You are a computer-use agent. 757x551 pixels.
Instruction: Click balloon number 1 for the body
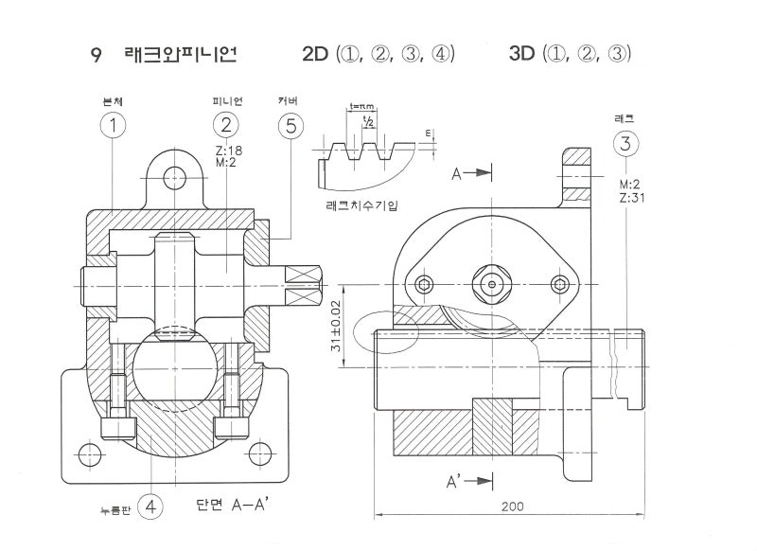pos(113,125)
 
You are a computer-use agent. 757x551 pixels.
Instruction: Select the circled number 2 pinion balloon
pos(225,125)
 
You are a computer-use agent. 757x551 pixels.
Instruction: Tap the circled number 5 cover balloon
pos(290,125)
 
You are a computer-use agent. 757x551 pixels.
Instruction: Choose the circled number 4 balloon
pos(150,507)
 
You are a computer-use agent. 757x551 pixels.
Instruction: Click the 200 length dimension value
pos(512,507)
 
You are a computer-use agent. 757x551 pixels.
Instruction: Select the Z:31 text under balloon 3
pos(631,197)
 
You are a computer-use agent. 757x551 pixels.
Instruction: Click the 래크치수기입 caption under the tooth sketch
pos(364,204)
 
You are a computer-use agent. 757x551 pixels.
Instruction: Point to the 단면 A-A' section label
pos(234,505)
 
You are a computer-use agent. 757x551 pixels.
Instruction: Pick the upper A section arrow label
pos(457,173)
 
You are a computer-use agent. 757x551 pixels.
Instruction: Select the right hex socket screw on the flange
pos(559,284)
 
